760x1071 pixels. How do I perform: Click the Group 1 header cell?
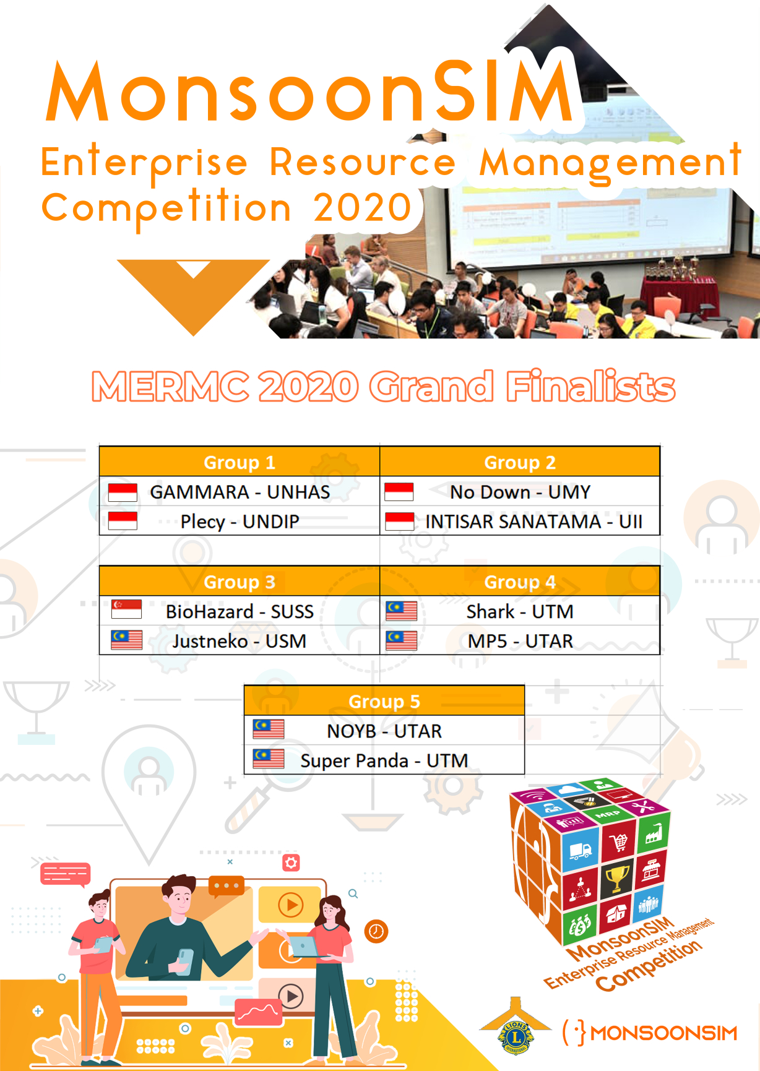(x=240, y=462)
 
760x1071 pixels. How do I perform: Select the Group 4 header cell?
(x=520, y=582)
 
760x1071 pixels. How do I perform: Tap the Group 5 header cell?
(x=384, y=701)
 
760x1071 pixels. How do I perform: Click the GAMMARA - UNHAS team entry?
(x=240, y=492)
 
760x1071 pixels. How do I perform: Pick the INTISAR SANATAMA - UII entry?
(x=533, y=522)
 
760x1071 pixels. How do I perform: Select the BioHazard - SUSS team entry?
(x=240, y=611)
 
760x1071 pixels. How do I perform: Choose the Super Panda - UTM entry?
(x=384, y=760)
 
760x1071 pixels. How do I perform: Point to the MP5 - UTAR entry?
(x=520, y=641)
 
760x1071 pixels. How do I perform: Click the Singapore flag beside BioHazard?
(x=126, y=609)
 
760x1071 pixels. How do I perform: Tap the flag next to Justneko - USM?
(x=126, y=640)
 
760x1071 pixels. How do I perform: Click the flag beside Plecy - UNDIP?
(x=123, y=521)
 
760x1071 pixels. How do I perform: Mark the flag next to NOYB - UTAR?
(x=269, y=729)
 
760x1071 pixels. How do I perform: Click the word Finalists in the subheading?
(x=590, y=387)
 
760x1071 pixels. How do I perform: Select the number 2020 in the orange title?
(x=363, y=207)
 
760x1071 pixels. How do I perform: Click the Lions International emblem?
(x=516, y=1028)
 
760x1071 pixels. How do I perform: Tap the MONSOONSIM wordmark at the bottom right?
(x=663, y=1033)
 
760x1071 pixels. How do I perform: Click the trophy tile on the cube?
(x=617, y=877)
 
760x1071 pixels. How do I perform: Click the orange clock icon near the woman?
(x=376, y=931)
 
